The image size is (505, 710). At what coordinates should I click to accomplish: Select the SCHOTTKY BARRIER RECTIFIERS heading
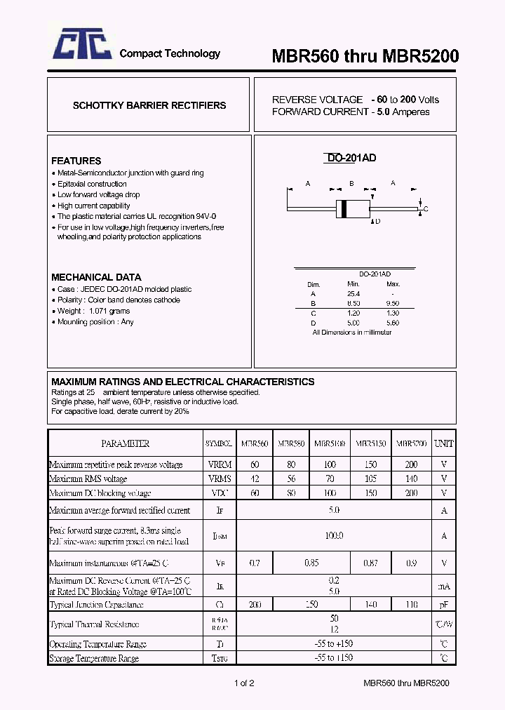[149, 105]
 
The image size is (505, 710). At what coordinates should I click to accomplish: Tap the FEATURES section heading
[76, 161]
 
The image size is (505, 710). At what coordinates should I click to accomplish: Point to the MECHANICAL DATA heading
[96, 277]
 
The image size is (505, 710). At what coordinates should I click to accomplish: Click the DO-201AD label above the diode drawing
[351, 159]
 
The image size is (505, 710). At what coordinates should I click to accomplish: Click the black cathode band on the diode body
[343, 208]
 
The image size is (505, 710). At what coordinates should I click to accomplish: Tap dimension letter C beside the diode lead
[426, 209]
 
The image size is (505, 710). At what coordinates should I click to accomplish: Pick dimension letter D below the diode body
[377, 222]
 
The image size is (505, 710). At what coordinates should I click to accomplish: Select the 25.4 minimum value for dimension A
[353, 293]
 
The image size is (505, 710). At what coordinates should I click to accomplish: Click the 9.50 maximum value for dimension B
[393, 303]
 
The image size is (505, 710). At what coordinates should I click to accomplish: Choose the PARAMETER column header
[126, 443]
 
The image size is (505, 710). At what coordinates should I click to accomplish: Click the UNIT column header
[444, 443]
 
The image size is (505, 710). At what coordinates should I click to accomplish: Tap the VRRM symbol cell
[219, 464]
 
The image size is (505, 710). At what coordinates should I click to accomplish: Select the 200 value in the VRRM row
[411, 464]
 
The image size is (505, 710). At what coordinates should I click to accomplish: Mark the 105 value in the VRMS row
[371, 478]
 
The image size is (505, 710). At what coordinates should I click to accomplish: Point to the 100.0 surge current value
[334, 536]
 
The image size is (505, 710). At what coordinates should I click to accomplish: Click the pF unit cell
[444, 604]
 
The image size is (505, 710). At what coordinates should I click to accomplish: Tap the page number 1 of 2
[243, 683]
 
